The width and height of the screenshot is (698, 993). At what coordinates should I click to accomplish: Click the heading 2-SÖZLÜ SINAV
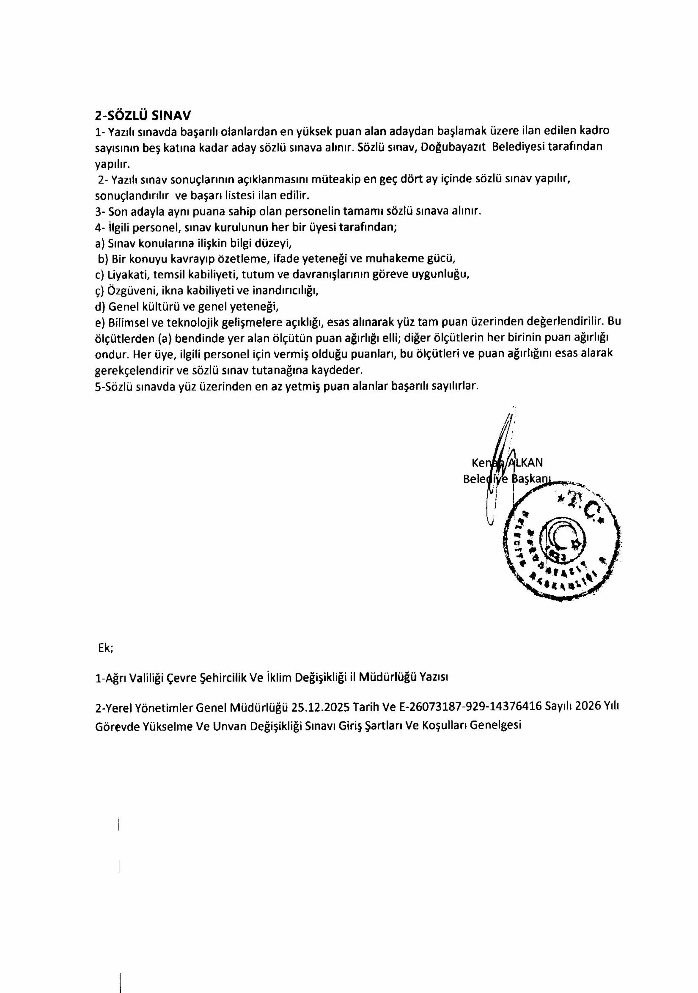[143, 115]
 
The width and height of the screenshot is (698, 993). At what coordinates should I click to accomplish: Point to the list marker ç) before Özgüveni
[100, 291]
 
